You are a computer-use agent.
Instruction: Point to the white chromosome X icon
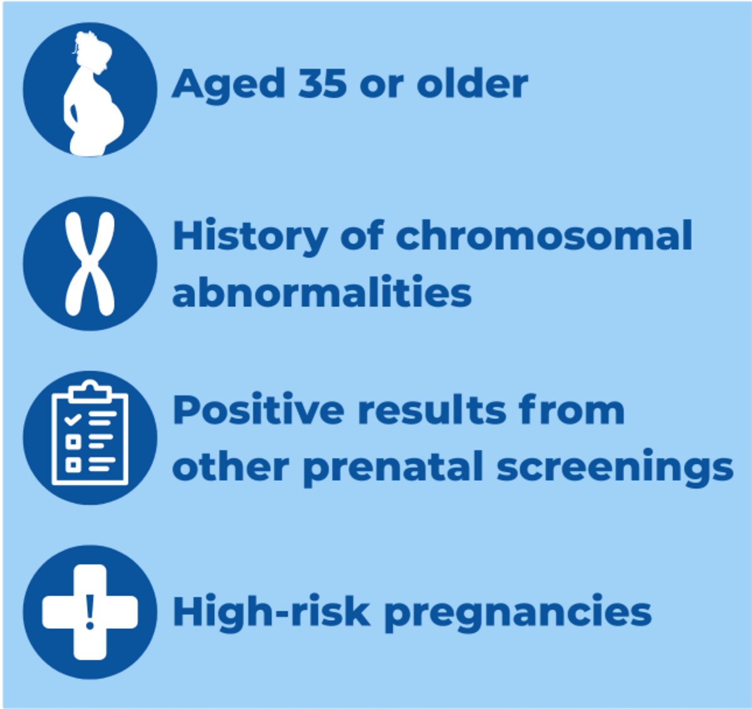pyautogui.click(x=90, y=264)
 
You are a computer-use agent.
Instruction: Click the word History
pyautogui.click(x=249, y=237)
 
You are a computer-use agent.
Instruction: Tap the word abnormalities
pyautogui.click(x=321, y=292)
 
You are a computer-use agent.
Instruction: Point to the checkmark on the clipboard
pyautogui.click(x=73, y=418)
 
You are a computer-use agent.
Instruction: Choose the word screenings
pyautogui.click(x=614, y=468)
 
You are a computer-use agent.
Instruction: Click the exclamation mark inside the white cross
pyautogui.click(x=90, y=612)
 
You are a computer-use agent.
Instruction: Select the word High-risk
pyautogui.click(x=271, y=612)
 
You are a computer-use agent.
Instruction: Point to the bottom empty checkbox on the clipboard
pyautogui.click(x=73, y=464)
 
